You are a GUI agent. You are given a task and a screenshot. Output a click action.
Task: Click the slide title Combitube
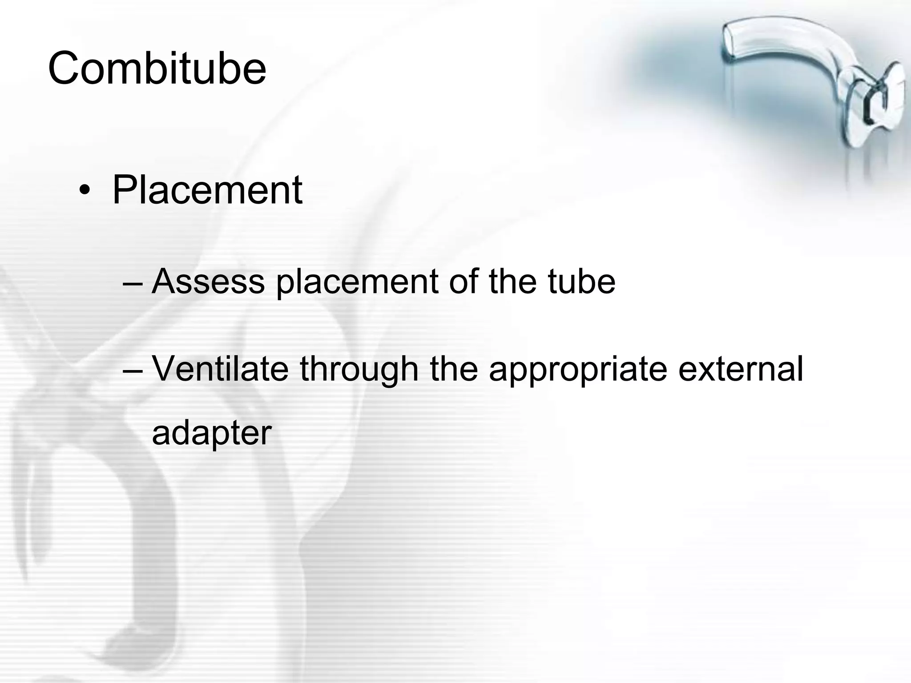pos(157,68)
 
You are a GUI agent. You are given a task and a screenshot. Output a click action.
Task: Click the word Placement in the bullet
pos(207,190)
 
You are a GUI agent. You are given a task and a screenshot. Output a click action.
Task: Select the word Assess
pos(208,281)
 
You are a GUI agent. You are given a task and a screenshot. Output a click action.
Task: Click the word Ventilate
pos(220,369)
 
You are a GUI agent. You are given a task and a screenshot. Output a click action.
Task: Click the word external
pos(741,369)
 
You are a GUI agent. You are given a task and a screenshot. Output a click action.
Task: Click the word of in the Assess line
pos(463,281)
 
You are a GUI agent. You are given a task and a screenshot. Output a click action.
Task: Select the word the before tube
pos(513,281)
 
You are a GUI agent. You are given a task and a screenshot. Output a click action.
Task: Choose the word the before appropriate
pos(454,369)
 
